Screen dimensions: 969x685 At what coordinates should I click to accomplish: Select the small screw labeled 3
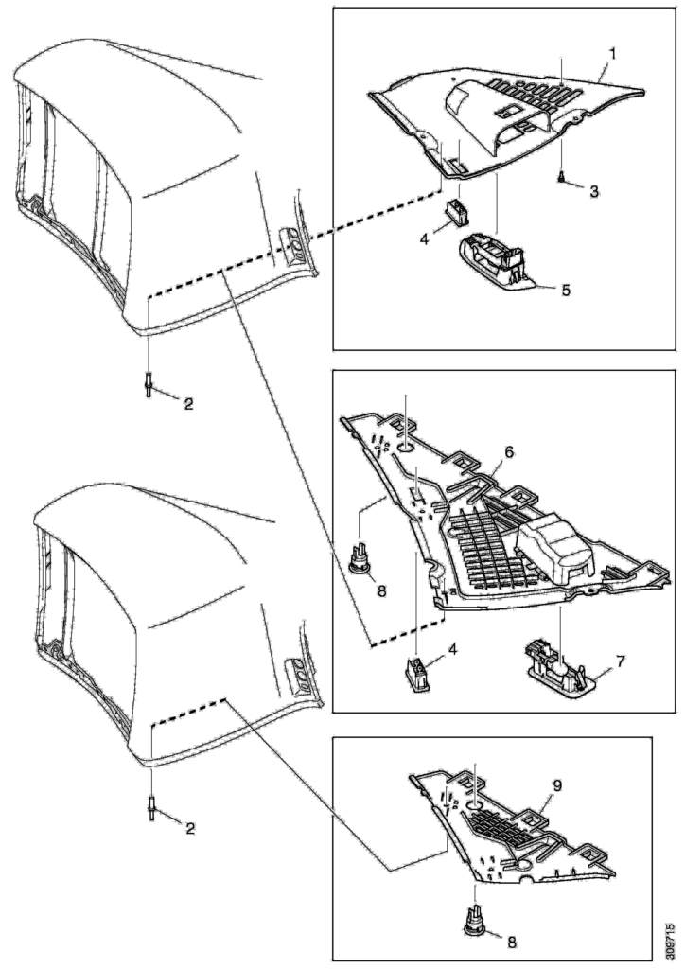point(561,176)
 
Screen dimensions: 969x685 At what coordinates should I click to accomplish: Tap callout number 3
point(592,190)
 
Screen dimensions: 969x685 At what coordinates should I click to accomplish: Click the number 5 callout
point(566,290)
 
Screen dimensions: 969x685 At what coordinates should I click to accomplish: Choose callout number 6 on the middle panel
point(509,453)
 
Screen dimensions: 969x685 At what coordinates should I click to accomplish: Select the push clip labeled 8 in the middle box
point(360,559)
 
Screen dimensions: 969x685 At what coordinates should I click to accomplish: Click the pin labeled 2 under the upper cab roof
point(150,386)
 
